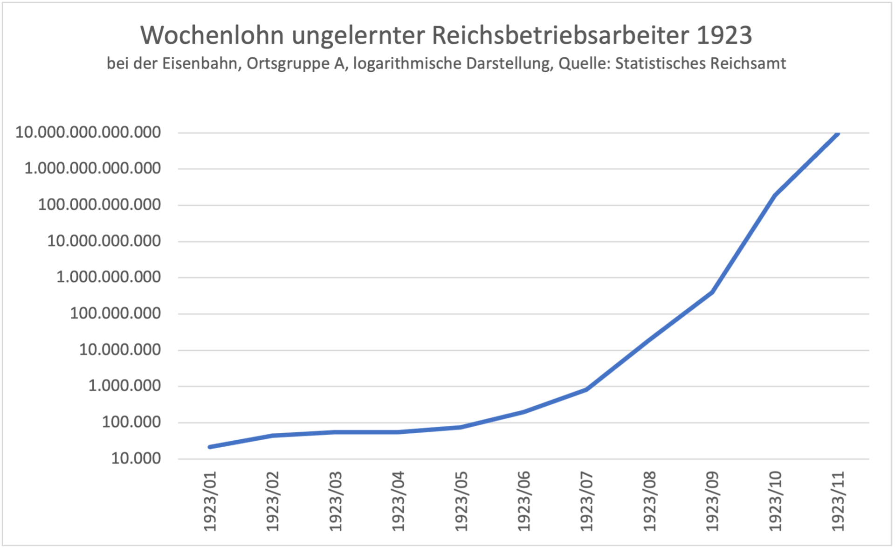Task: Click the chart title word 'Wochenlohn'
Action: click(x=212, y=35)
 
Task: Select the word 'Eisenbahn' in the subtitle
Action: click(x=201, y=63)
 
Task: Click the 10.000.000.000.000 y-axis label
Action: click(x=88, y=132)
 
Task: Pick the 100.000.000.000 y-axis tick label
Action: click(x=99, y=205)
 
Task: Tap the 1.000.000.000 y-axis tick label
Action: click(x=109, y=277)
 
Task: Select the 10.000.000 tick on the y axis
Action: click(x=120, y=350)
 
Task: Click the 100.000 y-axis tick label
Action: click(x=131, y=422)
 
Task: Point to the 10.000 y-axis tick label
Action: click(x=136, y=458)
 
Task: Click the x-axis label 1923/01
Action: click(x=210, y=501)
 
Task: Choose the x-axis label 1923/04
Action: click(x=399, y=501)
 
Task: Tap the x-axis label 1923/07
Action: click(x=587, y=501)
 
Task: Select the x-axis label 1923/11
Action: click(x=838, y=501)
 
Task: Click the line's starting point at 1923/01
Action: click(x=210, y=447)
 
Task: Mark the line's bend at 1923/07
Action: click(x=586, y=389)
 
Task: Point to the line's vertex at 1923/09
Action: click(x=712, y=292)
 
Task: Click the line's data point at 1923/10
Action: click(x=775, y=195)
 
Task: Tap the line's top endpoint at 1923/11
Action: click(x=838, y=133)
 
